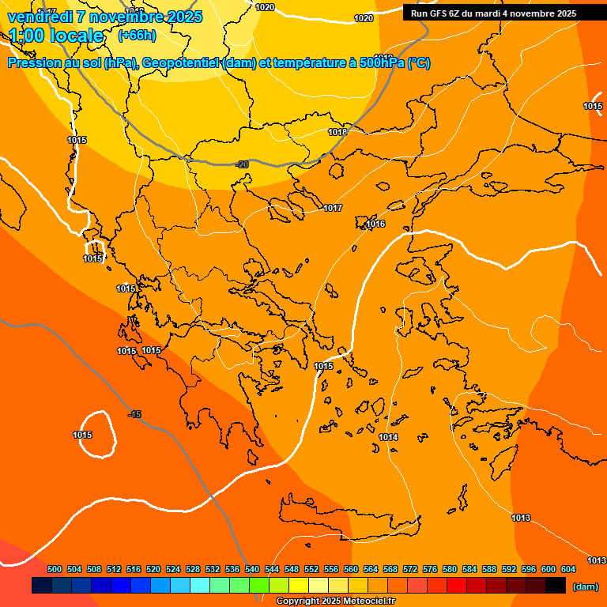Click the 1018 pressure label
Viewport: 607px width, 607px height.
(x=337, y=132)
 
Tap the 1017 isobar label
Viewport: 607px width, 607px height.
(x=333, y=208)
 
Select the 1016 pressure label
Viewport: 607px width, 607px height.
(x=375, y=224)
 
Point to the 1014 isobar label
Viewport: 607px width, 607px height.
(x=388, y=437)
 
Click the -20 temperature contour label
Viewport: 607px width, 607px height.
(x=242, y=164)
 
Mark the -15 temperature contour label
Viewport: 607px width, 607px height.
(x=135, y=414)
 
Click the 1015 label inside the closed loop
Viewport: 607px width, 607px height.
(x=82, y=435)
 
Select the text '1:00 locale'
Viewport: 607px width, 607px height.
(x=57, y=36)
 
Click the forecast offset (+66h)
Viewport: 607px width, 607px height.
(x=137, y=36)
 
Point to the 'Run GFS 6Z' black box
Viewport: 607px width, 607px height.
(x=493, y=13)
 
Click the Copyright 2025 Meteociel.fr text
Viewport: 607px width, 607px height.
(x=335, y=601)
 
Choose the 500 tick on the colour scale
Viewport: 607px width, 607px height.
(x=55, y=569)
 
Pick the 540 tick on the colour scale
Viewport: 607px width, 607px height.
(x=252, y=569)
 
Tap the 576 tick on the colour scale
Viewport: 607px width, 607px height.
(x=430, y=569)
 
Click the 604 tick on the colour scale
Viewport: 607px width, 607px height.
(x=568, y=569)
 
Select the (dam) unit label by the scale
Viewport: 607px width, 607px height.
(x=585, y=586)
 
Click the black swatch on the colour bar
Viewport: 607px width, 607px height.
(x=556, y=586)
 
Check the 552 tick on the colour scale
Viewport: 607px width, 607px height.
(x=311, y=569)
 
